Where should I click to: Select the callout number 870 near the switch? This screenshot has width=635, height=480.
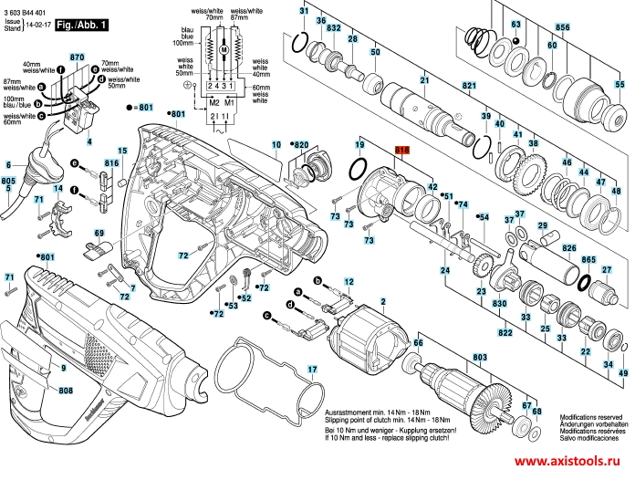coord(77,57)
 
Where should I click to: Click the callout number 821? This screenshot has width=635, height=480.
coord(469,86)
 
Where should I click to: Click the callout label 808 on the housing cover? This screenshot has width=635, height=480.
coord(66,391)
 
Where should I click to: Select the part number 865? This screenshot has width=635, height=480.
coord(589,260)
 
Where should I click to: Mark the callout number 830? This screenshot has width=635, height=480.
coord(499,302)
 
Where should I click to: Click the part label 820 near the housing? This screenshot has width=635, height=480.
coord(300,144)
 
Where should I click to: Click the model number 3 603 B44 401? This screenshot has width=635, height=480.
coord(26,5)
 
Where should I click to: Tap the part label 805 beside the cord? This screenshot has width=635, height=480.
coord(9,182)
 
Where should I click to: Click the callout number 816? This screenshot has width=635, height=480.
coord(112,163)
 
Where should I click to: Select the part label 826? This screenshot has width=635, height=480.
coord(570,247)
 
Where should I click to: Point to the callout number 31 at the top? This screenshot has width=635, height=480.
coord(305,9)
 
